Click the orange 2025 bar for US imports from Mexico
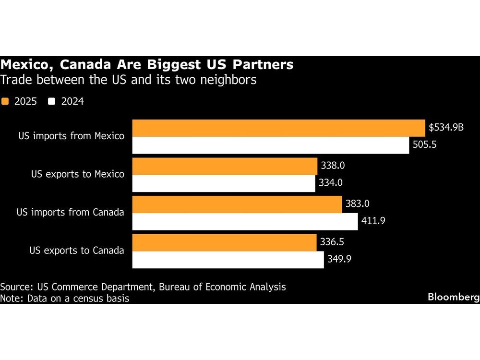[278, 128]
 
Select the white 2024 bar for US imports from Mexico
[271, 145]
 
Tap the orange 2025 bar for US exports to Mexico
[225, 166]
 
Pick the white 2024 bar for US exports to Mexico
[224, 183]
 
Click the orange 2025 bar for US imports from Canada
[237, 204]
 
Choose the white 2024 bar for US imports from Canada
[245, 222]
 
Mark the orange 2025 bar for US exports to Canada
[224, 242]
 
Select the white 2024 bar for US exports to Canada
[228, 260]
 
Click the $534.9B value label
[446, 128]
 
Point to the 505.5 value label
[424, 145]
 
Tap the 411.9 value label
[373, 222]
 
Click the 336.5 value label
[333, 242]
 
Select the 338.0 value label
[333, 166]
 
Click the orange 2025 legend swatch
[5, 101]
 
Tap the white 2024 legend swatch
[51, 101]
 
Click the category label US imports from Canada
[71, 212]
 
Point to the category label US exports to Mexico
[77, 174]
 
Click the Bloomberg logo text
[453, 298]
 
